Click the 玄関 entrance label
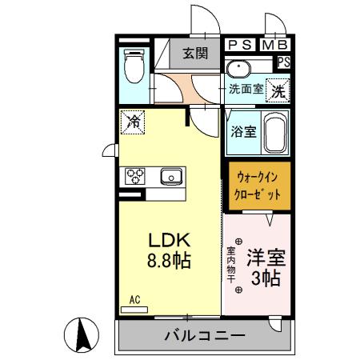pos(194,54)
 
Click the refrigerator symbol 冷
pos(133,124)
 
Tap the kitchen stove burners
pos(134,177)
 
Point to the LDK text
pos(169,240)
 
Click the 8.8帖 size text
pos(169,261)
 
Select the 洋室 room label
pos(263,259)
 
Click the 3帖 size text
pos(263,280)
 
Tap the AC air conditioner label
pos(135,300)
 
